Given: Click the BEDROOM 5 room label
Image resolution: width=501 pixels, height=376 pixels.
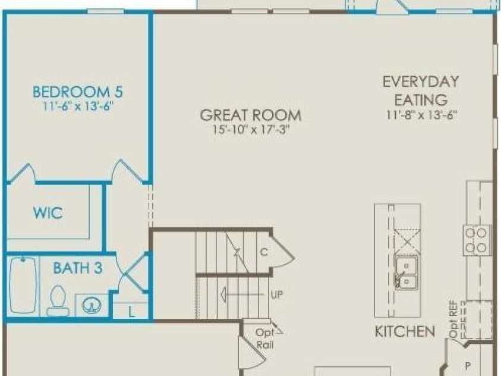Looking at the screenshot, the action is point(78,92).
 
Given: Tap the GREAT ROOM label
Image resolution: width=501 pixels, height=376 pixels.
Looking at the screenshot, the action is point(251,115).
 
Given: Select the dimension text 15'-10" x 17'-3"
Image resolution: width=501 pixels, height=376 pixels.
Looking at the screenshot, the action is point(251,130).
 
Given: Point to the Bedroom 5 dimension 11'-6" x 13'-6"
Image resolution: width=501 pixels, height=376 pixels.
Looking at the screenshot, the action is point(78,106).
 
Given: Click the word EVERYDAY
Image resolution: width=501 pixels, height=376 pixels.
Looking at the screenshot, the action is point(421,82).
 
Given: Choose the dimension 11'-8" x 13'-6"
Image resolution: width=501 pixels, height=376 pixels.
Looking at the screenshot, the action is point(421,115).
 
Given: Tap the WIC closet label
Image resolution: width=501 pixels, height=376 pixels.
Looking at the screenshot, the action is point(48,213).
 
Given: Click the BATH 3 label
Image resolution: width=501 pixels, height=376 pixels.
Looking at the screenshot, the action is point(78,268).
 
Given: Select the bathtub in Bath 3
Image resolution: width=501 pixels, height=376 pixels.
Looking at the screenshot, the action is point(23,284).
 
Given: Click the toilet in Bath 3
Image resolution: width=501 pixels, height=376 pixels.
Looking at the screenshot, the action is point(58,301).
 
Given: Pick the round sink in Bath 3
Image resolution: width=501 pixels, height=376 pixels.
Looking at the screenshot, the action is point(92,305).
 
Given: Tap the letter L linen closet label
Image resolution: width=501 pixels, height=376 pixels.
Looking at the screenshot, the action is point(132,312).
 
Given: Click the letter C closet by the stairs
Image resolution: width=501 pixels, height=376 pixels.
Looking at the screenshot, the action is point(264,252).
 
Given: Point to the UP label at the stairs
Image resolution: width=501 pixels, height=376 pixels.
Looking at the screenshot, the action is point(277,294).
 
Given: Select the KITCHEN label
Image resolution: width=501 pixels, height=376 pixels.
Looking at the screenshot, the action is point(405,331).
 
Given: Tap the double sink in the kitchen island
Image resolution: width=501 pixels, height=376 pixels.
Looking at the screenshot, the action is point(407,272).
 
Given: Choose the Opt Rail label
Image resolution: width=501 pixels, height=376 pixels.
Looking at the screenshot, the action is point(265,339).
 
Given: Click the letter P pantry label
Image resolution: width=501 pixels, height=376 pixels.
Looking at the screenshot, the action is point(468,366).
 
